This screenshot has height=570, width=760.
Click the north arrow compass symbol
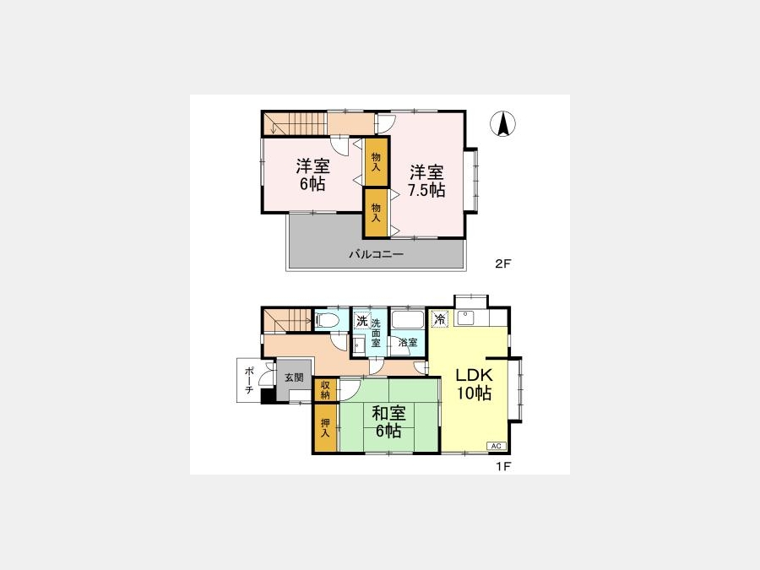(x=502, y=123)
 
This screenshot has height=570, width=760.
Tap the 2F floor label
(x=503, y=263)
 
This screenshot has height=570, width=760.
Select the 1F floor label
(x=503, y=466)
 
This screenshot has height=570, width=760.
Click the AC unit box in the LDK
(x=497, y=446)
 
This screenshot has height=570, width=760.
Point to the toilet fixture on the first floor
(x=327, y=320)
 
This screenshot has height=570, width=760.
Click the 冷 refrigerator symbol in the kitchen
(x=440, y=319)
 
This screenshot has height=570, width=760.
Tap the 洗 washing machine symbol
(x=362, y=321)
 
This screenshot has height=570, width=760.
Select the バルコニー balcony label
(x=376, y=254)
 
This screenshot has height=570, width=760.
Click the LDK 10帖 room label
(x=474, y=383)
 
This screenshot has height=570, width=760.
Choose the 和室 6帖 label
(x=388, y=421)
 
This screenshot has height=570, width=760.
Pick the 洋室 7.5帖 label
(x=426, y=181)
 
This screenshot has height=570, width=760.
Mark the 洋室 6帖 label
(x=312, y=175)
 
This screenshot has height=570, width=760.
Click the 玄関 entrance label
(x=294, y=377)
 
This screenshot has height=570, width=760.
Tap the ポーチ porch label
(x=249, y=380)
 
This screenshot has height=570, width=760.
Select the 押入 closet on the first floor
(x=326, y=428)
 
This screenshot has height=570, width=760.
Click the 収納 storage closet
(x=326, y=390)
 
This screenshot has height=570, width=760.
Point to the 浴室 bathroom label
(x=408, y=342)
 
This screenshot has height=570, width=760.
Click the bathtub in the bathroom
(x=408, y=320)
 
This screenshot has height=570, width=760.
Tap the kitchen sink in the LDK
(x=465, y=318)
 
